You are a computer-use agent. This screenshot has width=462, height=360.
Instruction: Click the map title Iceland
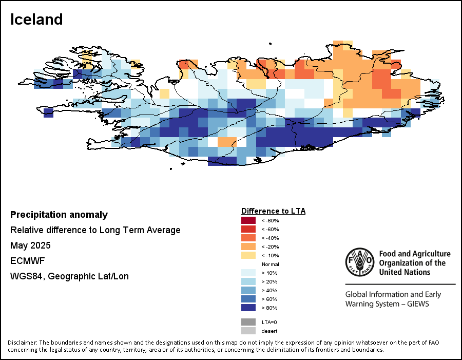tap(36, 20)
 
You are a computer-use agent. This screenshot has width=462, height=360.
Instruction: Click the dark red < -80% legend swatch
tap(248, 220)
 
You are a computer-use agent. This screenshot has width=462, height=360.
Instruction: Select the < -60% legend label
tap(270, 230)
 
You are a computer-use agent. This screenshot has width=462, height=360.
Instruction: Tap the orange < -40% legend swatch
tap(248, 238)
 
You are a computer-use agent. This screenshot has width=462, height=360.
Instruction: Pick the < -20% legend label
tap(270, 247)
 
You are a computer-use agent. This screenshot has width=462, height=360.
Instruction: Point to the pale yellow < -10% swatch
tap(248, 255)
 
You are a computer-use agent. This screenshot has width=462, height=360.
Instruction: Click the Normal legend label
tap(271, 264)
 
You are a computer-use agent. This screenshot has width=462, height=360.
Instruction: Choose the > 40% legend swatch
tap(248, 290)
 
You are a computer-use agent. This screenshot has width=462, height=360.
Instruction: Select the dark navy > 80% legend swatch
tap(248, 308)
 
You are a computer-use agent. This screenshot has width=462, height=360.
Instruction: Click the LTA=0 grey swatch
tap(248, 322)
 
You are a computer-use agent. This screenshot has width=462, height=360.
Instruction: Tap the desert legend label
tap(269, 331)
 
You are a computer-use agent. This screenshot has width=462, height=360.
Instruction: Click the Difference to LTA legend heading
tap(274, 211)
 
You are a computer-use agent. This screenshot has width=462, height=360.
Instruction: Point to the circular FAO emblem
tap(360, 262)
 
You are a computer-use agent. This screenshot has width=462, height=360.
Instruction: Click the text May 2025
tap(30, 245)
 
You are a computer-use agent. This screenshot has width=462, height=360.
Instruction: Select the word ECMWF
tap(28, 261)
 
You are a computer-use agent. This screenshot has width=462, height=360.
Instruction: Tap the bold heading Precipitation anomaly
tap(59, 215)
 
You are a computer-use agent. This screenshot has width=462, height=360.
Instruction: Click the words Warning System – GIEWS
tap(387, 304)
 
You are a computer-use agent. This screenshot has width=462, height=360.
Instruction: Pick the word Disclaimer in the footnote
tap(23, 343)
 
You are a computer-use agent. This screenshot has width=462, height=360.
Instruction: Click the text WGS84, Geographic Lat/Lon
tap(69, 276)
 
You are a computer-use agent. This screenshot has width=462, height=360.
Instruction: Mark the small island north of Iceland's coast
tap(270, 44)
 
